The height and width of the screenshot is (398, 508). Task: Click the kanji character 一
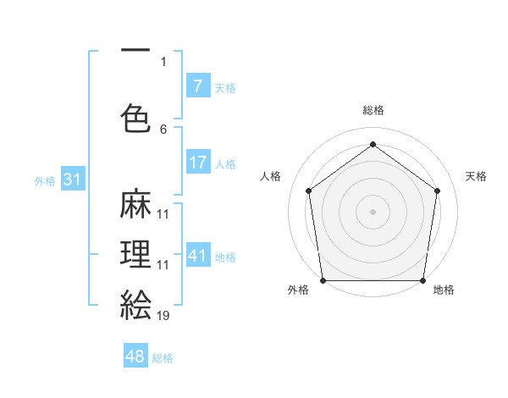point(136,52)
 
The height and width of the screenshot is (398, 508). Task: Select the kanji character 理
point(136,255)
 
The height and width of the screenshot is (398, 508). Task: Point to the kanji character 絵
point(136,304)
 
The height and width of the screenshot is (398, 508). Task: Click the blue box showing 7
point(197,86)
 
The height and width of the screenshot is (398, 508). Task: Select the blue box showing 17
point(197,163)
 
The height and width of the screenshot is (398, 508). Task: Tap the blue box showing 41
point(197,256)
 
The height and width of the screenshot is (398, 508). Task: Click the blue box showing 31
point(72,180)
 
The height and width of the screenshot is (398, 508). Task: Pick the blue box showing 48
point(135,357)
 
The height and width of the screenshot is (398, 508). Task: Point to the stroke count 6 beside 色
point(163,129)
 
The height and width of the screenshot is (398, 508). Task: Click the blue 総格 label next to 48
point(163,358)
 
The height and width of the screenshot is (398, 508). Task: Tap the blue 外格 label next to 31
point(44,180)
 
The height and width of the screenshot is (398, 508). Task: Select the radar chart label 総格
point(373,110)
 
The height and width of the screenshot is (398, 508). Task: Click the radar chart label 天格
point(476,176)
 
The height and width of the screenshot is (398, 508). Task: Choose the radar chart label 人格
point(270,176)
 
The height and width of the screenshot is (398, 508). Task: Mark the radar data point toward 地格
point(423,280)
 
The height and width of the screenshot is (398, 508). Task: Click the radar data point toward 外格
point(323,280)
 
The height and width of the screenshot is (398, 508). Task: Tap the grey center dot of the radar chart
point(373,211)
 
